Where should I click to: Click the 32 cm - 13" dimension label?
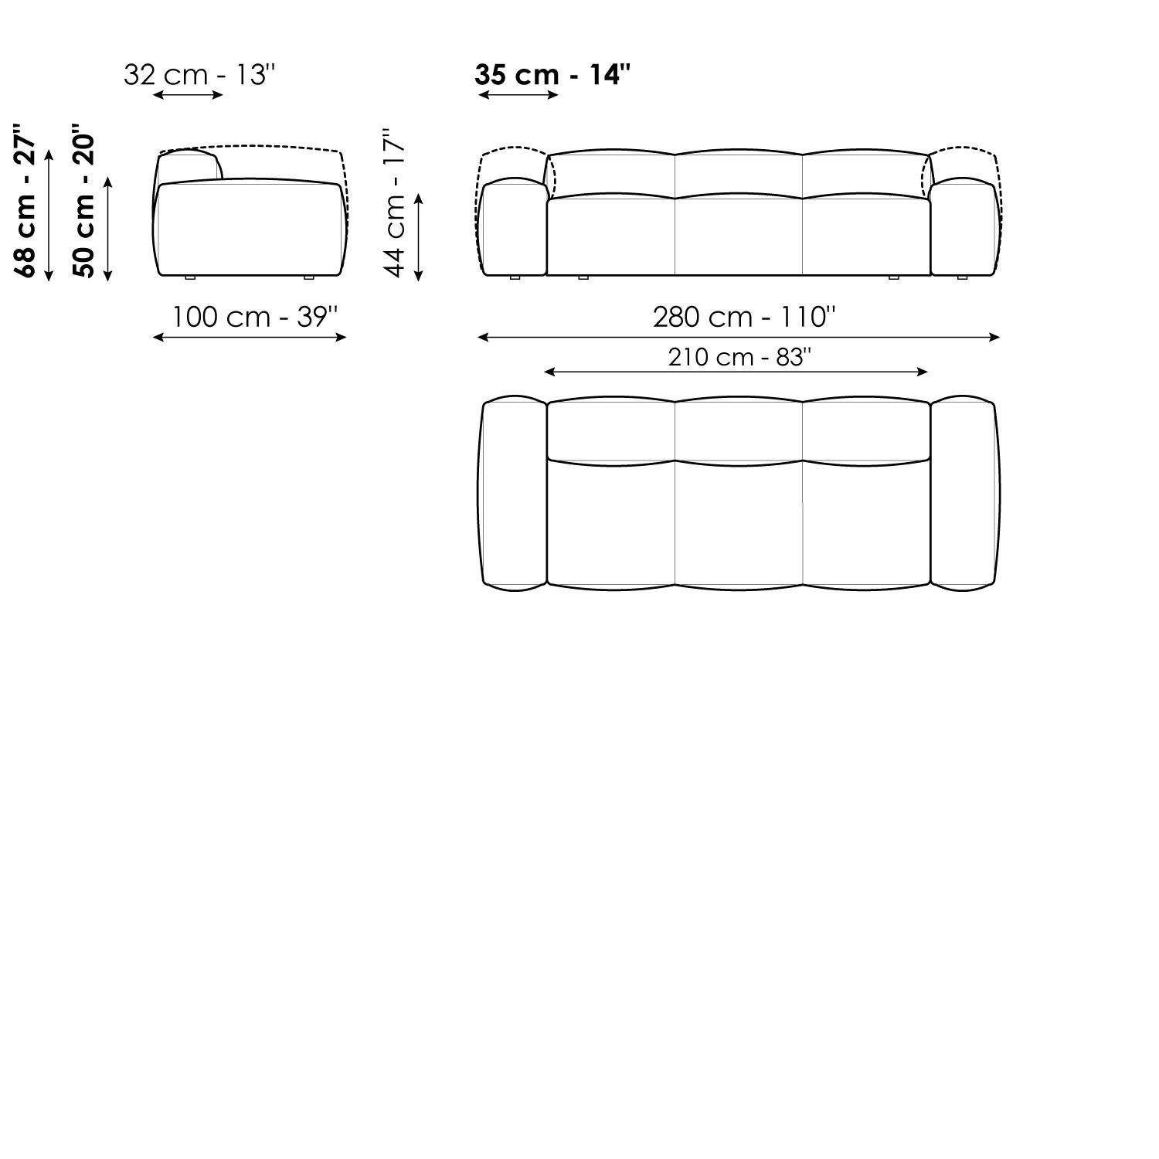point(199,75)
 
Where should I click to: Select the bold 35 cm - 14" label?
point(552,75)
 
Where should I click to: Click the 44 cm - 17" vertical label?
point(395,203)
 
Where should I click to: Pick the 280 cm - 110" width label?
point(744,317)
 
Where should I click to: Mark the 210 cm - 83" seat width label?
point(739,357)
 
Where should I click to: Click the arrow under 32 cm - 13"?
point(188,95)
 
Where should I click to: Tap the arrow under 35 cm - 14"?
point(518,95)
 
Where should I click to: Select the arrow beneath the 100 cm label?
point(250,337)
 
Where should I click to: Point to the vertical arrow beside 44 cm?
point(419,236)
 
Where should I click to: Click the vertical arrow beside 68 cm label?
point(49,215)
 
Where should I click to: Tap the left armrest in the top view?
point(514,494)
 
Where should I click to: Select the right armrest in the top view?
point(964,494)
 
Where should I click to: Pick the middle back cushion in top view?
point(739,430)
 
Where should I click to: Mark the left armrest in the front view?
point(514,228)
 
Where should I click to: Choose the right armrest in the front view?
point(963,228)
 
